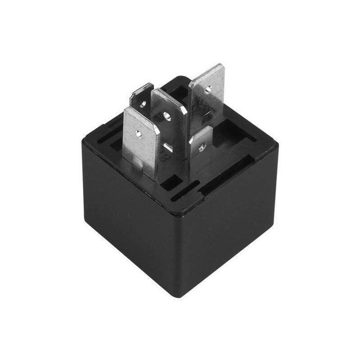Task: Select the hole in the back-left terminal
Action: (x=142, y=103)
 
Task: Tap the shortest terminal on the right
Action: (x=200, y=151)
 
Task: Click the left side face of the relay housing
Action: (x=130, y=225)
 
